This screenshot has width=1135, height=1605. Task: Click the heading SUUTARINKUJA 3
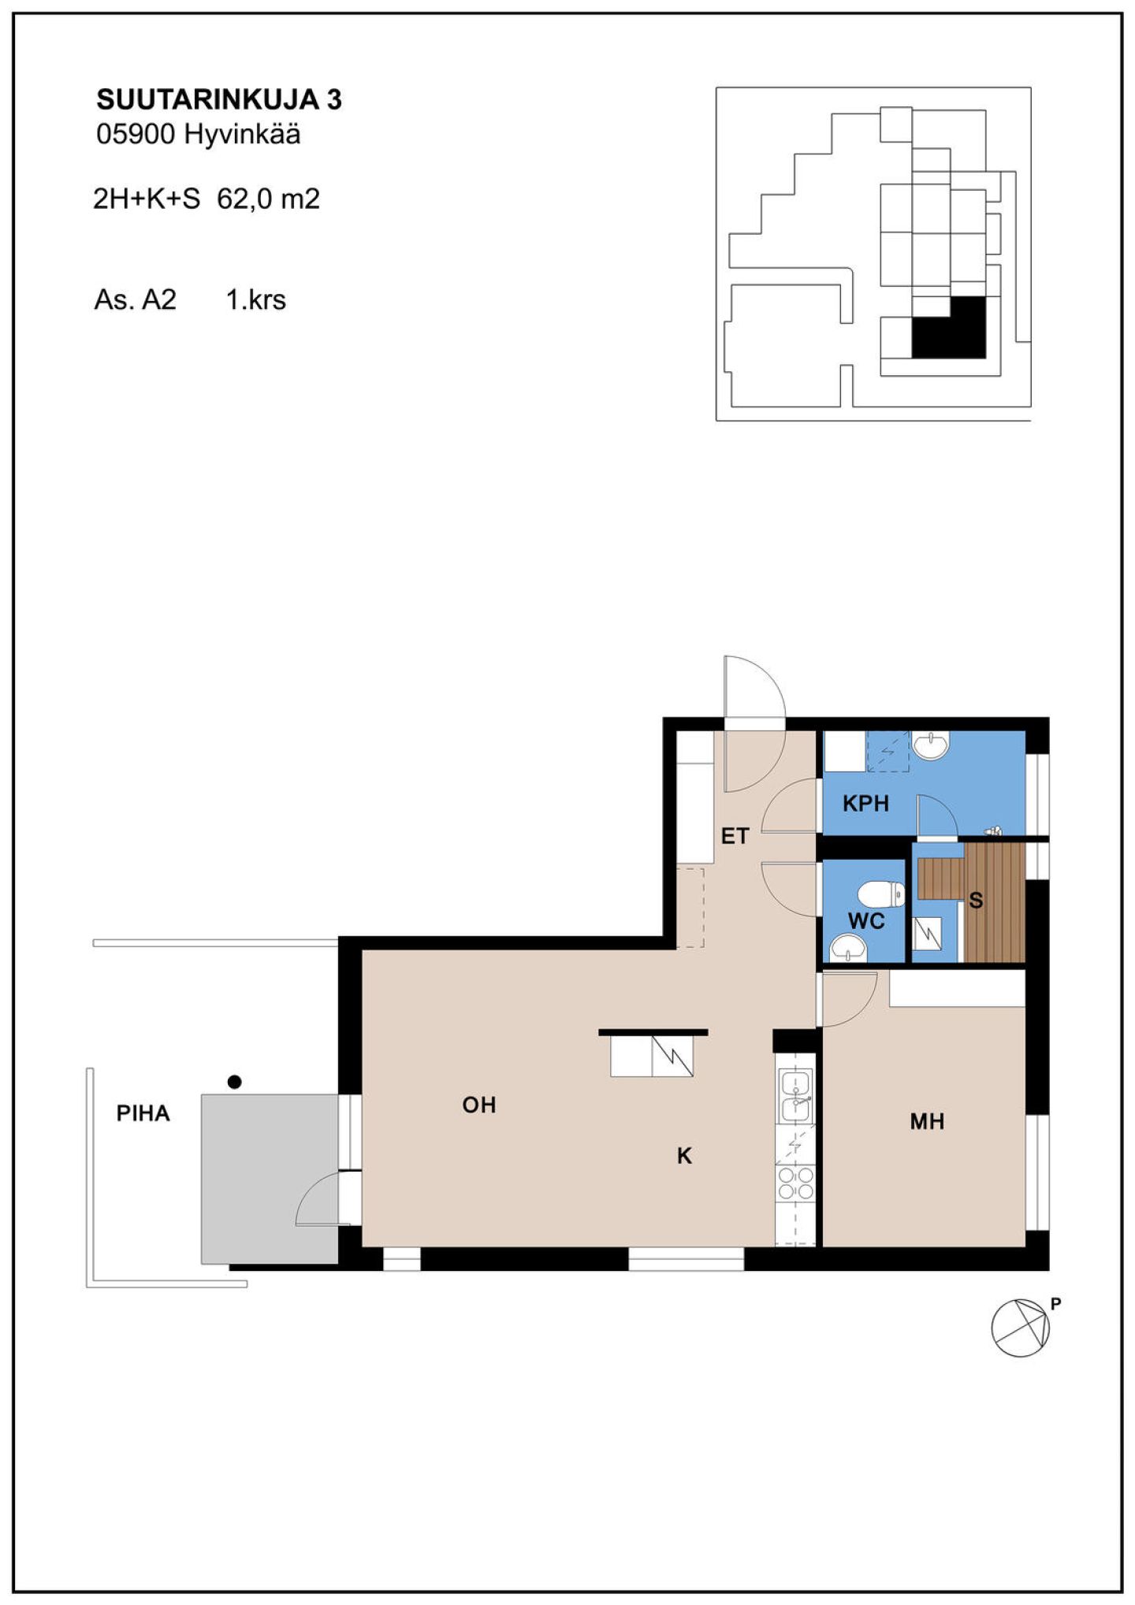(x=219, y=100)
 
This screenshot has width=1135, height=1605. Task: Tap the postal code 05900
(x=135, y=135)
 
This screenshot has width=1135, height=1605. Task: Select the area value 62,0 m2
(x=269, y=199)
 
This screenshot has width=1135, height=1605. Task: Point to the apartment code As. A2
(x=135, y=300)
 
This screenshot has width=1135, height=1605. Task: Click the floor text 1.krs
(x=256, y=300)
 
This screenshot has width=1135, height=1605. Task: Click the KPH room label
(x=865, y=804)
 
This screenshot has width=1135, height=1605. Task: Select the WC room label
(x=866, y=921)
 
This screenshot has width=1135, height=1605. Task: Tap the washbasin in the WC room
(x=849, y=948)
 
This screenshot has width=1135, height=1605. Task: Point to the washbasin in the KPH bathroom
(x=931, y=745)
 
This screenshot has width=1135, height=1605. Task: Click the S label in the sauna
(x=976, y=901)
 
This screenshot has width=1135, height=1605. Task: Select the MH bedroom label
(x=927, y=1121)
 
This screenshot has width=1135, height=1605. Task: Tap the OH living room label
(x=479, y=1105)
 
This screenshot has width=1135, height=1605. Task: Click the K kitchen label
(x=684, y=1156)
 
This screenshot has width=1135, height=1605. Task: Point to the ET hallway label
(x=735, y=836)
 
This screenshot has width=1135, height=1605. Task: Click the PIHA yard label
(x=143, y=1113)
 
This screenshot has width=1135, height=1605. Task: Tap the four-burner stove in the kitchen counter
(x=795, y=1183)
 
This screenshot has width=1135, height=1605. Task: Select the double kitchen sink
(x=795, y=1095)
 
